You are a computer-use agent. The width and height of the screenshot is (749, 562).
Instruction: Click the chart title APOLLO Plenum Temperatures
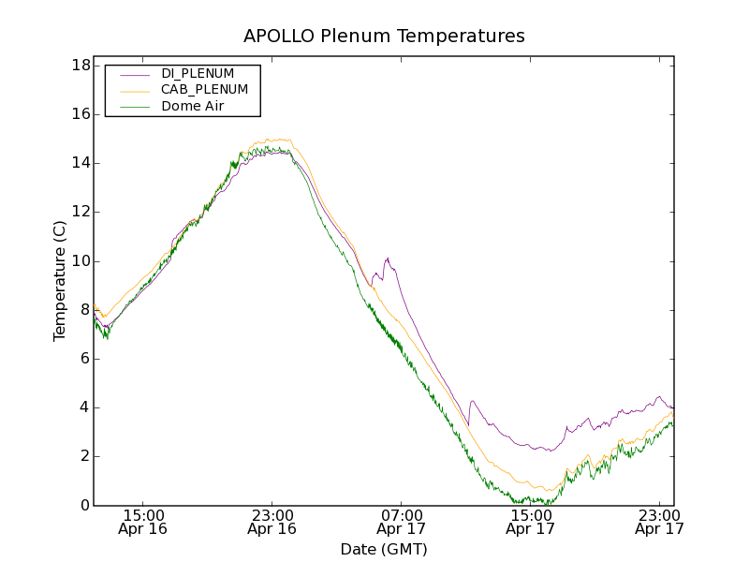point(384,37)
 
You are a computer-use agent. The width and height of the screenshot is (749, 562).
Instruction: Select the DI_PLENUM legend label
point(198,73)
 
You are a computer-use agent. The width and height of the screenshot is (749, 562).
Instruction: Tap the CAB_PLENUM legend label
point(204,90)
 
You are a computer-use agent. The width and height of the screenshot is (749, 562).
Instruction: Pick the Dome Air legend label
point(192,106)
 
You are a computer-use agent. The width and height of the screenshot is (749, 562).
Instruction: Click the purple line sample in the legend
point(135,74)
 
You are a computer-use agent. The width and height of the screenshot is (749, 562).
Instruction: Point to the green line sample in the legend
point(135,107)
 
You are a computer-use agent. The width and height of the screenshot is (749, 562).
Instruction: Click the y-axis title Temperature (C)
point(60,281)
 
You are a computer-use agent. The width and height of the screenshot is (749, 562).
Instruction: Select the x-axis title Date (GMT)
point(384,549)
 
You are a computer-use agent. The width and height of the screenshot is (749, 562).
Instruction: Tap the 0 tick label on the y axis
point(84,506)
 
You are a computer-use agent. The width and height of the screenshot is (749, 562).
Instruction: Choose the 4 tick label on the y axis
point(84,407)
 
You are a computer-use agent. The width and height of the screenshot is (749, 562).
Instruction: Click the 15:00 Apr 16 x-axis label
point(143,522)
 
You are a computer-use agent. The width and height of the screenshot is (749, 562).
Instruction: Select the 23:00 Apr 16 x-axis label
point(272,522)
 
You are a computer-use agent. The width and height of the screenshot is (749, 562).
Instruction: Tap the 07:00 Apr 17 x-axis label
point(402,522)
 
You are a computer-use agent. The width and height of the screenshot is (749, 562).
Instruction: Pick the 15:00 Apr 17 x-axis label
point(531,522)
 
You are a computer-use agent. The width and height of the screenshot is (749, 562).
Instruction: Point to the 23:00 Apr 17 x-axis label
point(660,522)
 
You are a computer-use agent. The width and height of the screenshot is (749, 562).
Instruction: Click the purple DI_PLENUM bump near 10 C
point(387,259)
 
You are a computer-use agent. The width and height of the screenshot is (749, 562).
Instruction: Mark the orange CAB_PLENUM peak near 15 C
point(278,140)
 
